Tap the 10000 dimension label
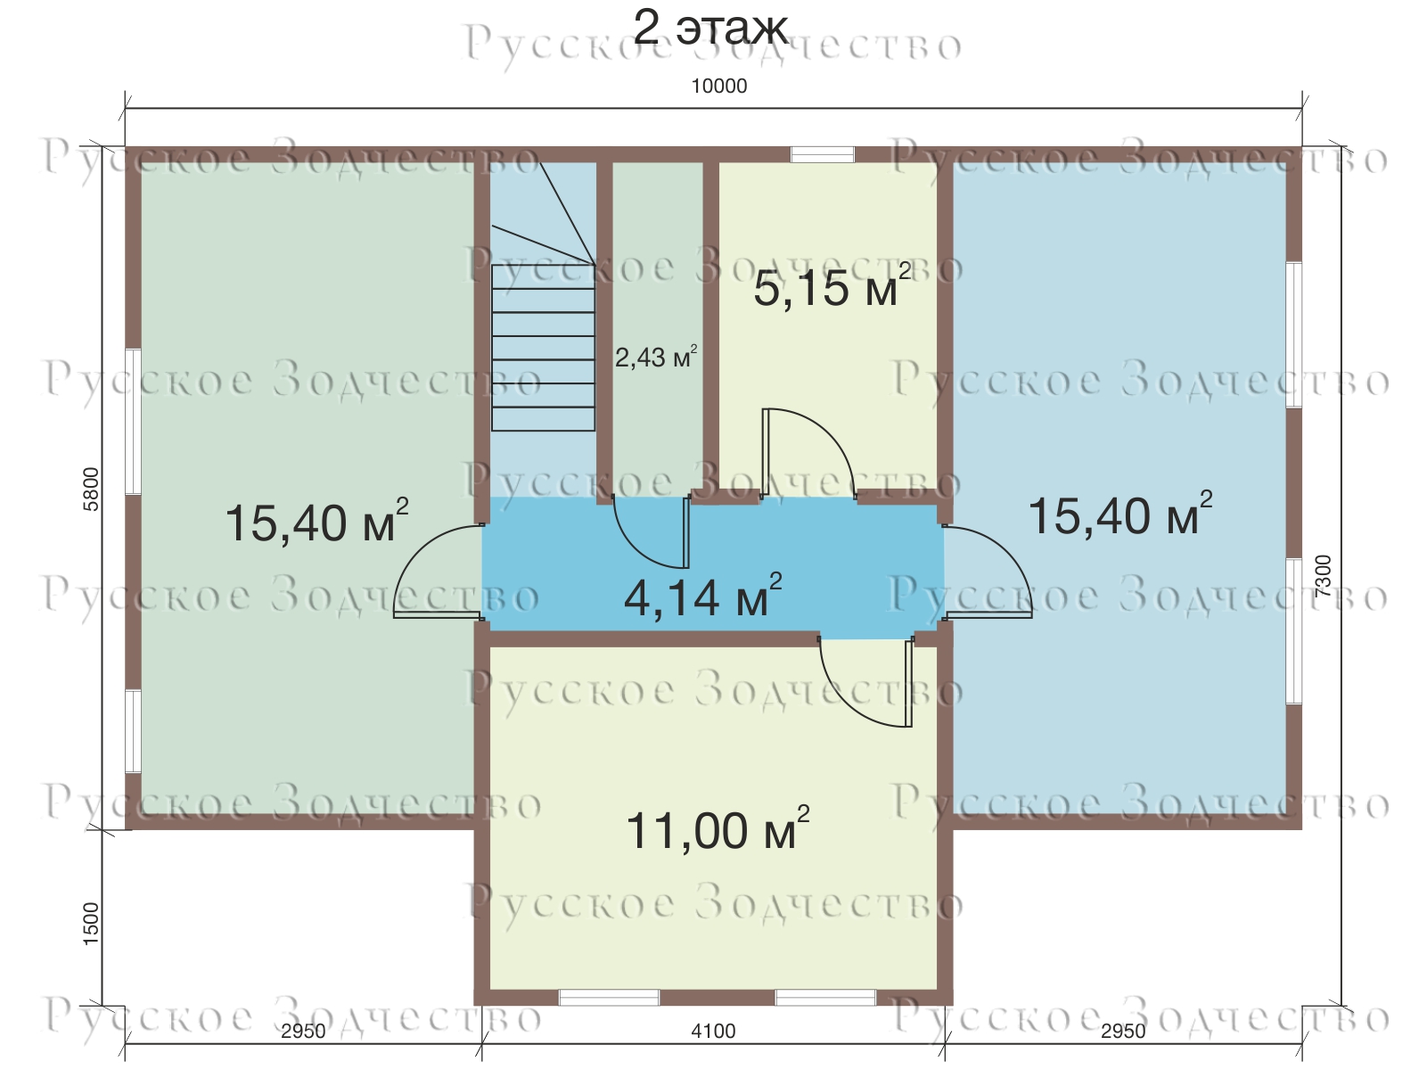click(718, 86)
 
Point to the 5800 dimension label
click(92, 489)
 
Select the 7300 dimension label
click(1323, 576)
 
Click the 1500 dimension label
click(92, 923)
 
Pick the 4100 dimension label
click(713, 1031)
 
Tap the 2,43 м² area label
click(656, 357)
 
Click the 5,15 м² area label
click(832, 286)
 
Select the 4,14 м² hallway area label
click(702, 596)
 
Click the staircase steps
click(544, 348)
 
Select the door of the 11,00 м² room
click(866, 682)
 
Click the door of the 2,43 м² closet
click(652, 531)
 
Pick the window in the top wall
click(822, 154)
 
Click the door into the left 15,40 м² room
click(438, 571)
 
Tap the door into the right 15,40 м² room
click(988, 571)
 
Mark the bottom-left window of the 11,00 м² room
click(609, 997)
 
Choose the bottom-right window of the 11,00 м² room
click(825, 997)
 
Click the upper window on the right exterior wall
click(1294, 334)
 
